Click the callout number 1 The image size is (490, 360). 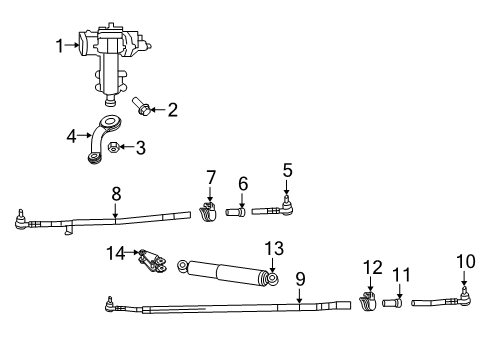[x=60, y=44]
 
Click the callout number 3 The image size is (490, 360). [x=140, y=148]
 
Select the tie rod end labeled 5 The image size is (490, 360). [x=280, y=211]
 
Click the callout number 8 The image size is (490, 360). [x=116, y=193]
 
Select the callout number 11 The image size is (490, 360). [x=401, y=273]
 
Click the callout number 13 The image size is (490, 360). [x=273, y=248]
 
